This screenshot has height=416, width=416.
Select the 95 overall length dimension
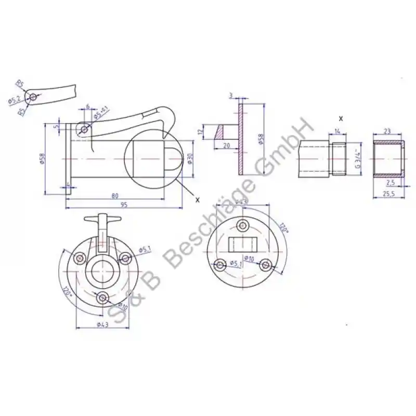(x=124, y=204)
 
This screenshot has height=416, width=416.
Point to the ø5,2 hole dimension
(x=15, y=100)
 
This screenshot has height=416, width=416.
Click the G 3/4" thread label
(x=357, y=158)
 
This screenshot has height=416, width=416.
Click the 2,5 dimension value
(x=391, y=183)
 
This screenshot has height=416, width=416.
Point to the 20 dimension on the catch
(x=227, y=146)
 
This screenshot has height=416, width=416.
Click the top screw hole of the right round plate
(x=242, y=225)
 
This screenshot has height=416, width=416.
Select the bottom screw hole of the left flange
(x=103, y=297)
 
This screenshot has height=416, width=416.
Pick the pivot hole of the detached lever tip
(x=33, y=97)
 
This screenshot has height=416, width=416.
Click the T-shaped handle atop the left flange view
(x=102, y=219)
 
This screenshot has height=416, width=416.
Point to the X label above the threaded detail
(x=341, y=119)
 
